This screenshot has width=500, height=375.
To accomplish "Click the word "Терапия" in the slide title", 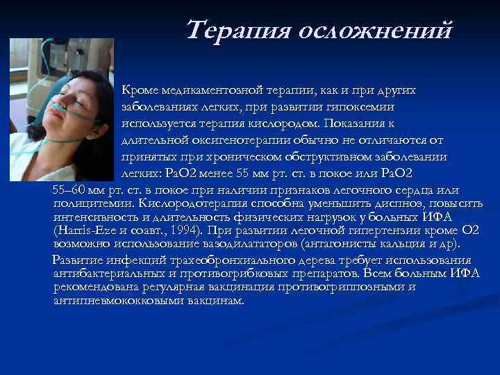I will click(240, 30).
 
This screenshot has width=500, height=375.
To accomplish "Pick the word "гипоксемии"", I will click(360, 108).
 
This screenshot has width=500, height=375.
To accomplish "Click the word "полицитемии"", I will click(92, 203).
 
